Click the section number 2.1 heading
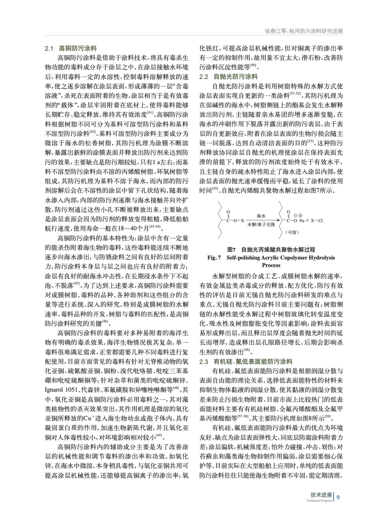point(49,49)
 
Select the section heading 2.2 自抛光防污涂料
point(228,77)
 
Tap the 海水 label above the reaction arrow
point(261,216)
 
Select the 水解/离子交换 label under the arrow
point(261,225)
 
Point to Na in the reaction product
point(302,221)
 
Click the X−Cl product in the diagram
point(316,221)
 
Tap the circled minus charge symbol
point(295,216)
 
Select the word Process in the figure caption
point(271,265)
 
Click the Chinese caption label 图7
point(231,250)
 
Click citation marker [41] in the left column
point(150,113)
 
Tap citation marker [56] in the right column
point(247,350)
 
